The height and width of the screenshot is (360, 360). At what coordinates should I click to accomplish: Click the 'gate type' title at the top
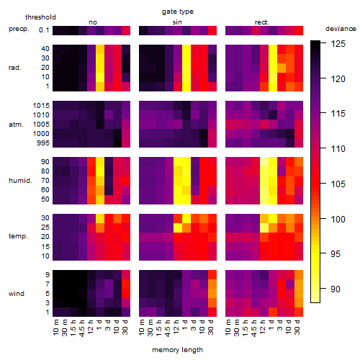[x=178, y=12]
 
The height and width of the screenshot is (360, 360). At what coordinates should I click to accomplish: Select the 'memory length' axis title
[x=177, y=350]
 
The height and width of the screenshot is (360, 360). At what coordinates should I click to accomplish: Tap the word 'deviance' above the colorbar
[x=341, y=29]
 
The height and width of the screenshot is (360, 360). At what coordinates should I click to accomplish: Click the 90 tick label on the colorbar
[x=336, y=289]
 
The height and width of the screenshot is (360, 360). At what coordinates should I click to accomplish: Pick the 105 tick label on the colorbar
[x=338, y=184]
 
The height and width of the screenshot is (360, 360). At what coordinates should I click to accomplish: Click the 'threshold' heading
[x=40, y=17]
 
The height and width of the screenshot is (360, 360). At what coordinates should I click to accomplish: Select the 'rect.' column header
[x=262, y=22]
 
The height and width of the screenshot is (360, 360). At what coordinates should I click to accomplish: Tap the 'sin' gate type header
[x=177, y=22]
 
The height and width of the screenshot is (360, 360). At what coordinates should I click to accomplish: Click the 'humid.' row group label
[x=20, y=181]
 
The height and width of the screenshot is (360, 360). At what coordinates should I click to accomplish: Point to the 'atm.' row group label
[x=16, y=125]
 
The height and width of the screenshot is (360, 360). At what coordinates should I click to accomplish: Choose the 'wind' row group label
[x=17, y=294]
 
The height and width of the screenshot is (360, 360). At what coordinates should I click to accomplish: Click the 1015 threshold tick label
[x=41, y=106]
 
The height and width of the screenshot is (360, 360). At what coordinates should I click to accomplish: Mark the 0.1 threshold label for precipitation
[x=44, y=30]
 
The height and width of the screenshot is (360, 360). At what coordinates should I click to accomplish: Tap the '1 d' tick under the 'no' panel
[x=99, y=325]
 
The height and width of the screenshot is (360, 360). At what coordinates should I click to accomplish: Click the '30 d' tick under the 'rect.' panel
[x=297, y=328]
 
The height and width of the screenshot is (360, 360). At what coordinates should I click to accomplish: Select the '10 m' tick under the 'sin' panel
[x=142, y=328]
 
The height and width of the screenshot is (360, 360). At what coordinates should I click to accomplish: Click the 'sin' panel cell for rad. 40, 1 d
[x=186, y=49]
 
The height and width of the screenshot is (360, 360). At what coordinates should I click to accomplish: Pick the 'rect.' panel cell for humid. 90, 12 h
[x=264, y=162]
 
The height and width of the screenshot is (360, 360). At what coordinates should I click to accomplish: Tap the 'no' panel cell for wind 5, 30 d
[x=126, y=294]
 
